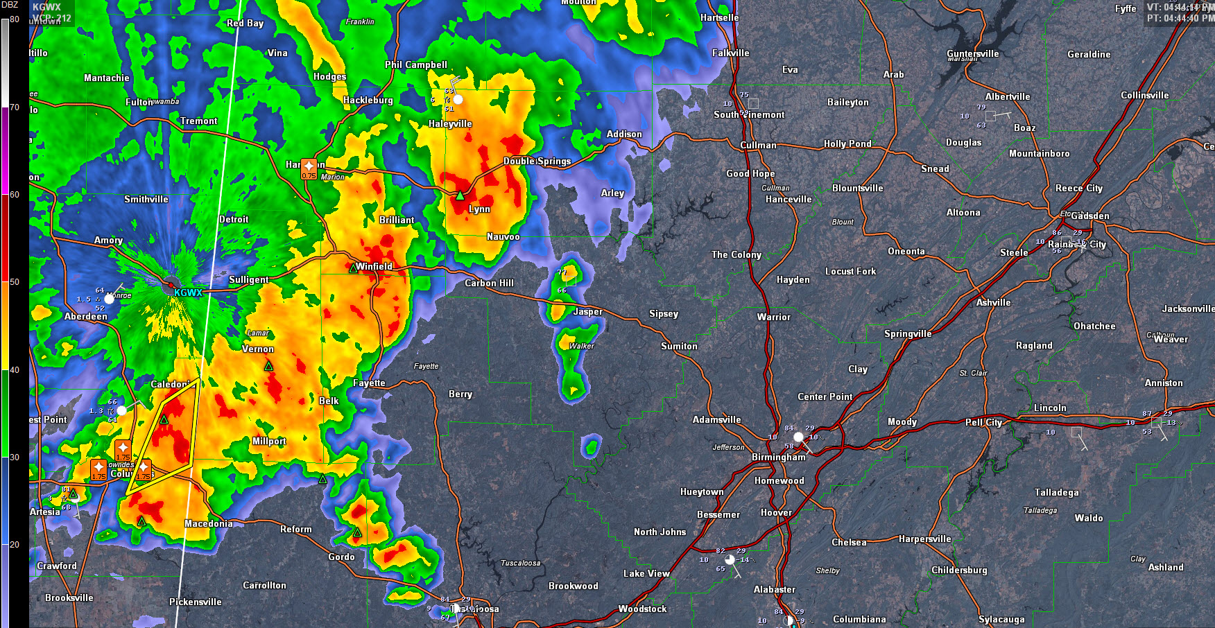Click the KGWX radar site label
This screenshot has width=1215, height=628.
point(187,293)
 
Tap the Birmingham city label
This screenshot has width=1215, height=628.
point(779,457)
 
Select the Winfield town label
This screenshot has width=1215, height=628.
point(374,266)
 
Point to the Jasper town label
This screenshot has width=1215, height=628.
point(587,311)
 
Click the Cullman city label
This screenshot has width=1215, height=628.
point(758,145)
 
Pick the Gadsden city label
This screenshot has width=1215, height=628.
point(1090,216)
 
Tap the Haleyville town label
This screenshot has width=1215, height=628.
point(450,124)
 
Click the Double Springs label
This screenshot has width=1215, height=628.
point(537,161)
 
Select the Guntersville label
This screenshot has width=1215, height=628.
point(972,53)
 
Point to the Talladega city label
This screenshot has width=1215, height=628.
point(1056,492)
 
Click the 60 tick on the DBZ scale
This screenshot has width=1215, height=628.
point(15,195)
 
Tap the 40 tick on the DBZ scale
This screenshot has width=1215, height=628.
point(15,370)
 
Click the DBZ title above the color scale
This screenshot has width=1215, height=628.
point(10,5)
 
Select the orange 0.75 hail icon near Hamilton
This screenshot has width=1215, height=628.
point(309,168)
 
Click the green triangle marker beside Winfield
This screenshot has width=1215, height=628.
point(353,268)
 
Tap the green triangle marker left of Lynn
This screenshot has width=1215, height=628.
point(459,195)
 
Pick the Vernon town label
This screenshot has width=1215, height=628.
point(258,349)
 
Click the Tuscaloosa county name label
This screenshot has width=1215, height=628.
point(520,563)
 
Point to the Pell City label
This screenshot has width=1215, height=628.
point(983,422)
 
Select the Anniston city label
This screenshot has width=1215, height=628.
point(1164,383)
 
